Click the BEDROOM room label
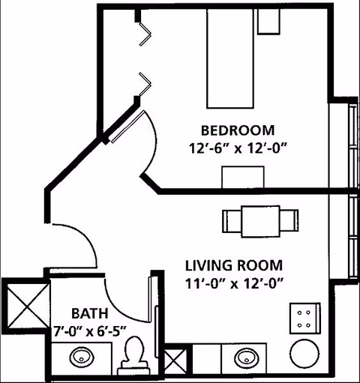(238, 130)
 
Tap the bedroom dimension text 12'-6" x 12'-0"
(238, 148)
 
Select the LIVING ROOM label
(234, 265)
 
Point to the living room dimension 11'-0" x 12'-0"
(234, 283)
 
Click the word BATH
(90, 313)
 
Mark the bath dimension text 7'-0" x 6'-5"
(89, 331)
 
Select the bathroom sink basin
(82, 357)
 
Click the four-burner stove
(305, 319)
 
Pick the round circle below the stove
(304, 354)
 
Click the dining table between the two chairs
(261, 221)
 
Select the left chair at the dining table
(232, 221)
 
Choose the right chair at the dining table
(289, 221)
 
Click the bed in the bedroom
(230, 58)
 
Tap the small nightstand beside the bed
(268, 21)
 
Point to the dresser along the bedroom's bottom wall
(243, 177)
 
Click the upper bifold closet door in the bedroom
(145, 34)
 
